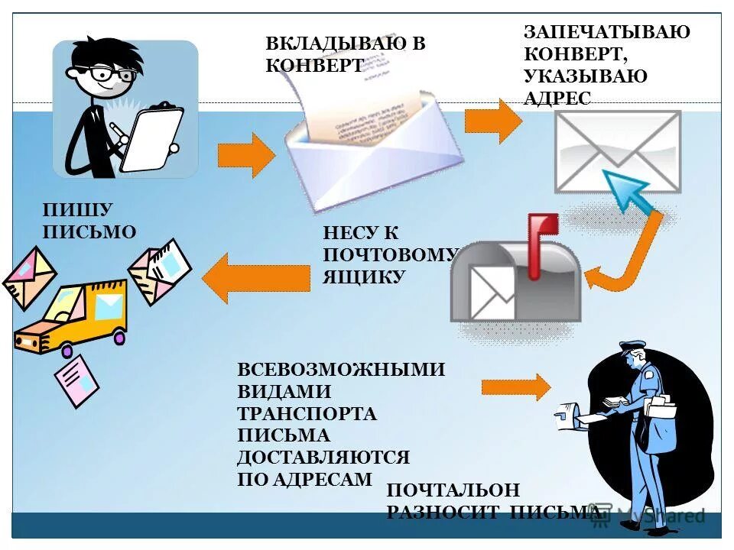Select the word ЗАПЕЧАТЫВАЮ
(x=606, y=32)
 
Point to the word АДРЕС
(x=557, y=98)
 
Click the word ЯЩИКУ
(x=363, y=276)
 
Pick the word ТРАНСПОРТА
(x=307, y=414)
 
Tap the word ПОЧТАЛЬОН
(x=453, y=490)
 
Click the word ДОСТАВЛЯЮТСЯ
(x=323, y=458)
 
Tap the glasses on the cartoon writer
(x=112, y=74)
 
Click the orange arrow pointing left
(x=256, y=277)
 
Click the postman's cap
(x=632, y=347)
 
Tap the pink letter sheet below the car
(x=76, y=380)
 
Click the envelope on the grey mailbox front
(x=492, y=292)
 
